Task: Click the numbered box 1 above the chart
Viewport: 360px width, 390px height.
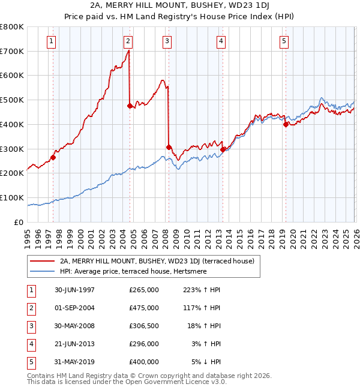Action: pos(52,41)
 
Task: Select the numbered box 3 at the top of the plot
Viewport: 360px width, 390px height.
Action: pos(167,41)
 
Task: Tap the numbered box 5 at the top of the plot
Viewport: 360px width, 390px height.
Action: pos(284,41)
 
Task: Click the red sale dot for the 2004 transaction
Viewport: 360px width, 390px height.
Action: pos(130,106)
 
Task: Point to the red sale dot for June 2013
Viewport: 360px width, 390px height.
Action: pos(223,149)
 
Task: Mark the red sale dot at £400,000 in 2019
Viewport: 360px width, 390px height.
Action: pos(286,124)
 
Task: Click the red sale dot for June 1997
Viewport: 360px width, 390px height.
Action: pos(53,158)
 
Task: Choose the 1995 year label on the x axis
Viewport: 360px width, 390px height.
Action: pos(28,234)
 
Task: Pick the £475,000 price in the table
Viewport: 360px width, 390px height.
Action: pos(144,308)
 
